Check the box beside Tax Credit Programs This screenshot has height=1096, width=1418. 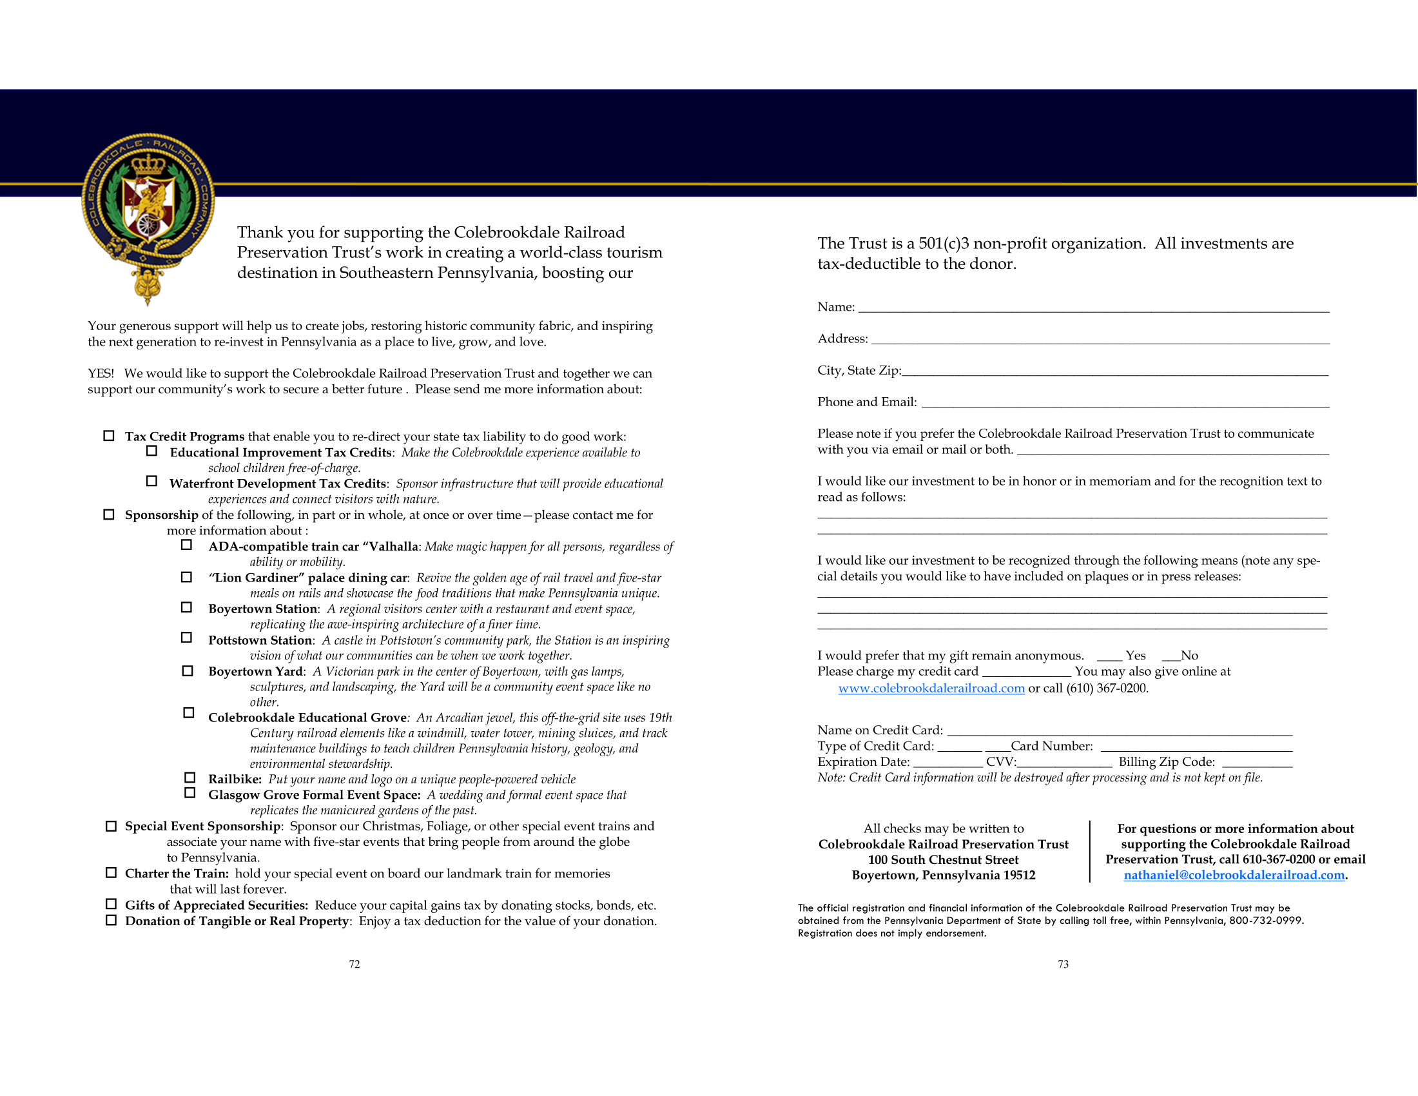[109, 436]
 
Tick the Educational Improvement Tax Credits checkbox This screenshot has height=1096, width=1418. [152, 451]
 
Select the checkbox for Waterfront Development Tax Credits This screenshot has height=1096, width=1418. [152, 482]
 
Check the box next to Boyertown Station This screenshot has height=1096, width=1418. [186, 608]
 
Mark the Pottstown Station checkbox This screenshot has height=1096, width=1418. [186, 638]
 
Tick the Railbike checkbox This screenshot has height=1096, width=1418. [189, 778]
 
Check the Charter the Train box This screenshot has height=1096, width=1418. [111, 873]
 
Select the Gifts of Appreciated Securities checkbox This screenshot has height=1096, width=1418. [111, 904]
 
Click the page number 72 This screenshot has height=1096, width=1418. [354, 965]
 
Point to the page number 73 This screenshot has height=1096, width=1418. [1063, 965]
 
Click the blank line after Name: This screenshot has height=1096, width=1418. [1093, 309]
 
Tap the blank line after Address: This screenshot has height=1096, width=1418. [1100, 340]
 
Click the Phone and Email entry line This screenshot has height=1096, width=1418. [1125, 404]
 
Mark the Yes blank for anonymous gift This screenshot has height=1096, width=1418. [1110, 657]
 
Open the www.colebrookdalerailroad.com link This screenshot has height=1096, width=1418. [931, 689]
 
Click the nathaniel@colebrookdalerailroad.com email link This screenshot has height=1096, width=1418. [1234, 876]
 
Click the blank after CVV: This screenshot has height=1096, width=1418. [1064, 763]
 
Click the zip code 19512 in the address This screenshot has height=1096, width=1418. [1018, 876]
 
